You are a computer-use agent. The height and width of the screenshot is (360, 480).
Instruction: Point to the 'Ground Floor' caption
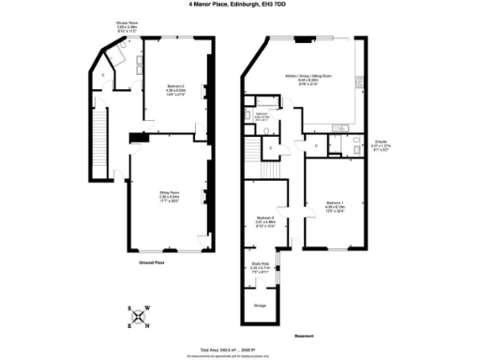tap(152, 264)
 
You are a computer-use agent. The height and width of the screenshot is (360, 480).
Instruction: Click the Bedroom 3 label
tap(265, 222)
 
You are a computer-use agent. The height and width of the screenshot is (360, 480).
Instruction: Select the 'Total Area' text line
tap(240, 345)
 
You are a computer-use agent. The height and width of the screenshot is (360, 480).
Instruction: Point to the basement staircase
tap(251, 150)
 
